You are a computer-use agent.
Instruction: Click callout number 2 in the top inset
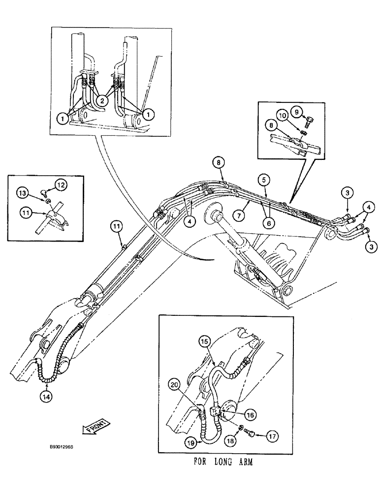coord(102,100)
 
